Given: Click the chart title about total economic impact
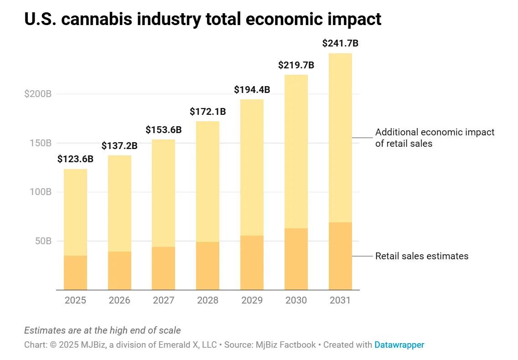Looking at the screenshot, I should coord(202,19).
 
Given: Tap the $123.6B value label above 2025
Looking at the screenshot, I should coord(75,159).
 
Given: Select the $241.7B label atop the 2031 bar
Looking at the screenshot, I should coord(340,43).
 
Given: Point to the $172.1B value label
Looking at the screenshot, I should coord(207,111).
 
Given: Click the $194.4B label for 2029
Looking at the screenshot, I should coord(252,90).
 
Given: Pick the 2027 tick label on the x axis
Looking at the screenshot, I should coord(163,300).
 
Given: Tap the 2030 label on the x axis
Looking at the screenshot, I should coord(296,300).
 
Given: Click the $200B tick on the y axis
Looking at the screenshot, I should coord(38,94).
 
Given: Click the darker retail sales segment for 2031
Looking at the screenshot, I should coord(340,256).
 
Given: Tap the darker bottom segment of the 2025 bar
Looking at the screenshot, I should coord(75,273).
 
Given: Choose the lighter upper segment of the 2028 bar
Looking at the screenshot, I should coord(207,181).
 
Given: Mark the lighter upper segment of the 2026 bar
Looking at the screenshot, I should coord(119,203).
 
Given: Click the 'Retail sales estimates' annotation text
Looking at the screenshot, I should coord(421,256).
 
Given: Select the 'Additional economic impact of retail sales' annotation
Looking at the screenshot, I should coord(434,138).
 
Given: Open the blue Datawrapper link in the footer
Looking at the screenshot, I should coord(399,345).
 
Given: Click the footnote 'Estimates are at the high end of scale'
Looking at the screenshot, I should coord(102,330).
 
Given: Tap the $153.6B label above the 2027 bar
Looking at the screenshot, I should coord(163,130).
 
